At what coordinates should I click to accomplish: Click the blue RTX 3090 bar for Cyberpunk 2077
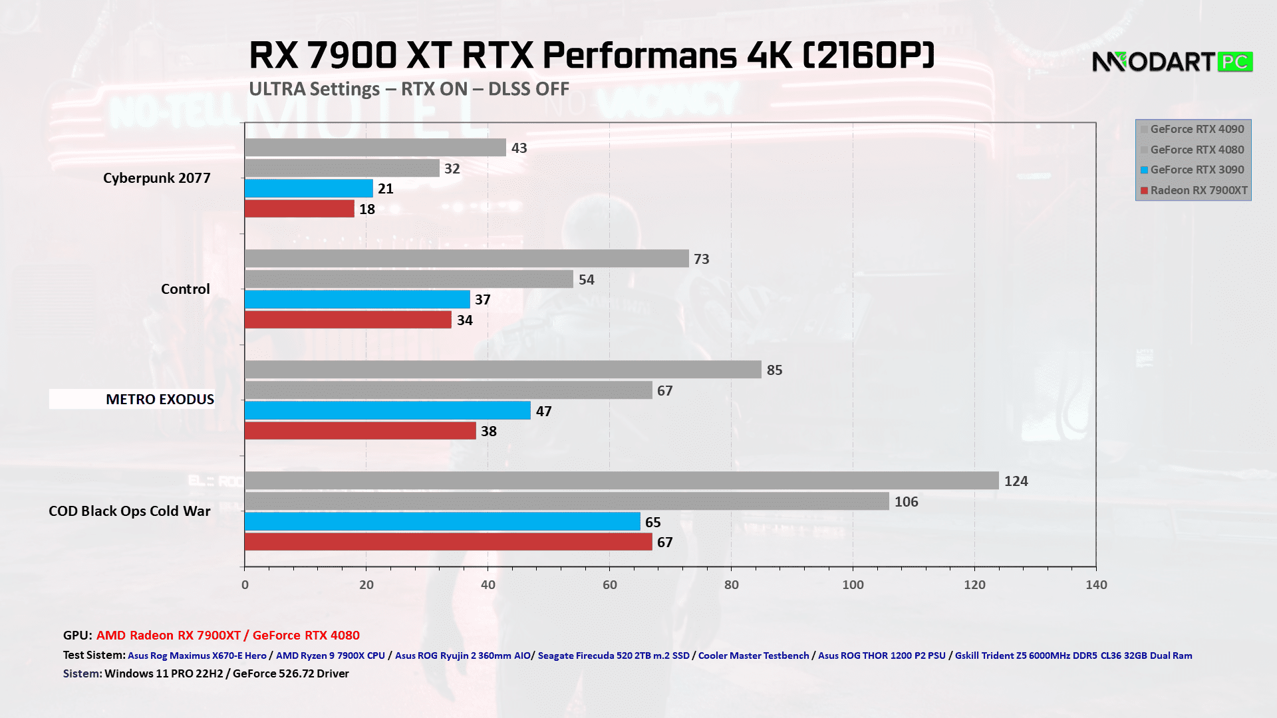309,189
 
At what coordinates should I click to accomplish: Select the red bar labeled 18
299,209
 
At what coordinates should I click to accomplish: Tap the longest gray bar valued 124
621,481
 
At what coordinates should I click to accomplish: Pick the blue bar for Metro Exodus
387,411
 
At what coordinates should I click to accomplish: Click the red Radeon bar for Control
348,320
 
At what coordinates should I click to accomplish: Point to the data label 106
906,502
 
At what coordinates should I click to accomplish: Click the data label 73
701,259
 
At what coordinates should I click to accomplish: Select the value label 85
774,370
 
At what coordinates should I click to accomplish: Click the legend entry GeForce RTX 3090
1197,170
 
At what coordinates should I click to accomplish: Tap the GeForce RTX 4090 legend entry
1197,130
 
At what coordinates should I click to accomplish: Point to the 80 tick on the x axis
731,585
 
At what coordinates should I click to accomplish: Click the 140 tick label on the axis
1096,585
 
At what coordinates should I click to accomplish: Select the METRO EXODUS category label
160,400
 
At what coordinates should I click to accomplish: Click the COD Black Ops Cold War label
130,511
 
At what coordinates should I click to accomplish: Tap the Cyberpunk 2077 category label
157,178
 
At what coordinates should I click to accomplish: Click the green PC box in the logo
1235,62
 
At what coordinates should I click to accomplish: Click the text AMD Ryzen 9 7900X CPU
331,656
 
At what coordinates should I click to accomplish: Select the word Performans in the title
639,55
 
